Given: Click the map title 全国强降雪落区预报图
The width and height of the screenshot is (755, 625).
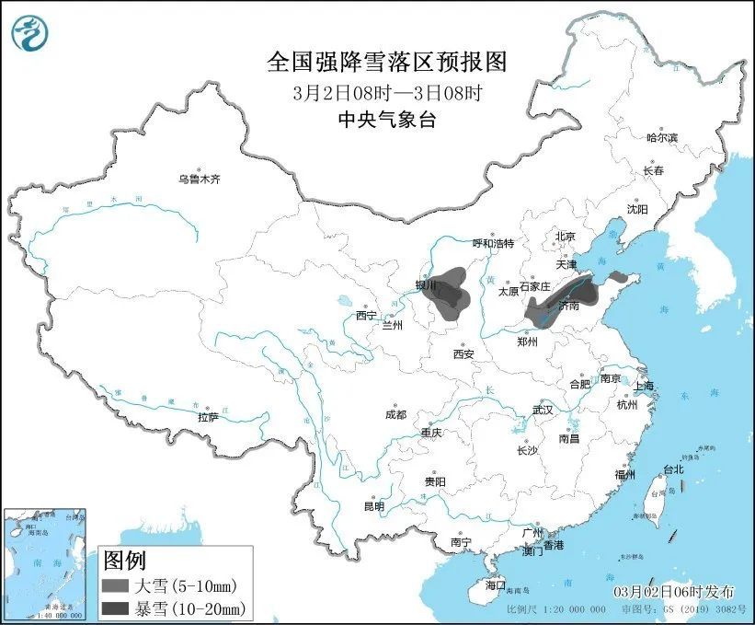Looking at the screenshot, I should [x=386, y=62].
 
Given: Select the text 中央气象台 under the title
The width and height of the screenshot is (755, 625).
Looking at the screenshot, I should [x=386, y=119].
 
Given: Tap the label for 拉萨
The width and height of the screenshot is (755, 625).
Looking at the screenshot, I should [x=208, y=417].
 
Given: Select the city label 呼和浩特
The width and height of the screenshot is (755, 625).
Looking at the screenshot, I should [x=493, y=244].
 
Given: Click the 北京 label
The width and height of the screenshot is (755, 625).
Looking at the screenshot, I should [x=565, y=237].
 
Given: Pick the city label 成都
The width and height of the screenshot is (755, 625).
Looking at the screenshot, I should [x=395, y=414].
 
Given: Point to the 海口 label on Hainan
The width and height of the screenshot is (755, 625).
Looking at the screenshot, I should [x=495, y=585].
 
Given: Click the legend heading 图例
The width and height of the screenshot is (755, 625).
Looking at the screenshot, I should [x=124, y=560].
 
